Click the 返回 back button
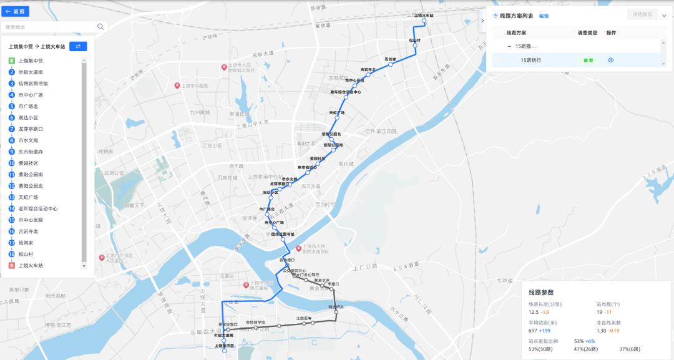[x=17, y=11]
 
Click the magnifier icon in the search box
[x=100, y=27]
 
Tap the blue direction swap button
[x=78, y=46]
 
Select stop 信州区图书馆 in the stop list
[x=33, y=84]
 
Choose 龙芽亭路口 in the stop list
[x=31, y=129]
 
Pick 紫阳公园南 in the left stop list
[x=31, y=175]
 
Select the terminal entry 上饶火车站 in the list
[x=31, y=266]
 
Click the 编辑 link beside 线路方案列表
[x=544, y=16]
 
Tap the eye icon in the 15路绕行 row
[x=611, y=61]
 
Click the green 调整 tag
[x=588, y=61]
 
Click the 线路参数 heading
[x=541, y=292]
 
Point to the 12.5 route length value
[x=534, y=312]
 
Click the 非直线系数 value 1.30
[x=602, y=331]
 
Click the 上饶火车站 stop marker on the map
[x=424, y=21]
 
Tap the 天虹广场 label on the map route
[x=337, y=112]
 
